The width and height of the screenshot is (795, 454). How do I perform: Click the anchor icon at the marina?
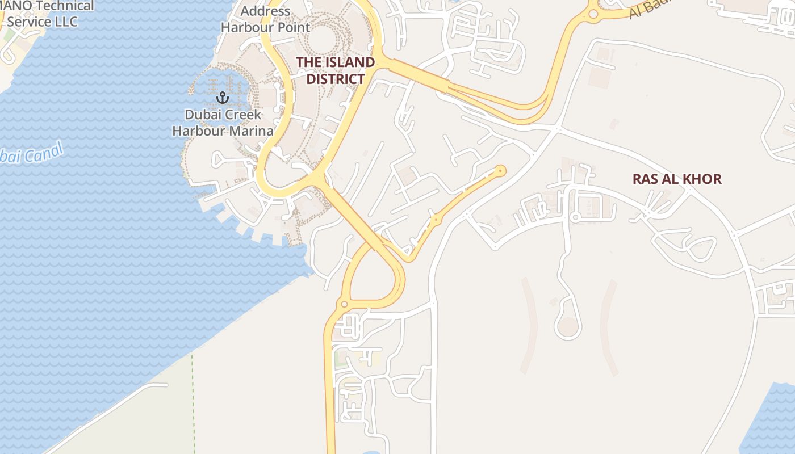click(x=222, y=98)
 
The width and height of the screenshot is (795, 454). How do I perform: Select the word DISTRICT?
click(x=335, y=79)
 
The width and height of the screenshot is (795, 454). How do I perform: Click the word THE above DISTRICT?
click(x=308, y=62)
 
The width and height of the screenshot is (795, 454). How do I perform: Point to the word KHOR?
click(x=701, y=179)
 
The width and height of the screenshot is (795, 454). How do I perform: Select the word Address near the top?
click(x=266, y=11)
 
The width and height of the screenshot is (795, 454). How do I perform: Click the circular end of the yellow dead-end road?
click(x=500, y=170)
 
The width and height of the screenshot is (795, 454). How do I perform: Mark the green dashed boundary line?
click(x=193, y=397)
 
